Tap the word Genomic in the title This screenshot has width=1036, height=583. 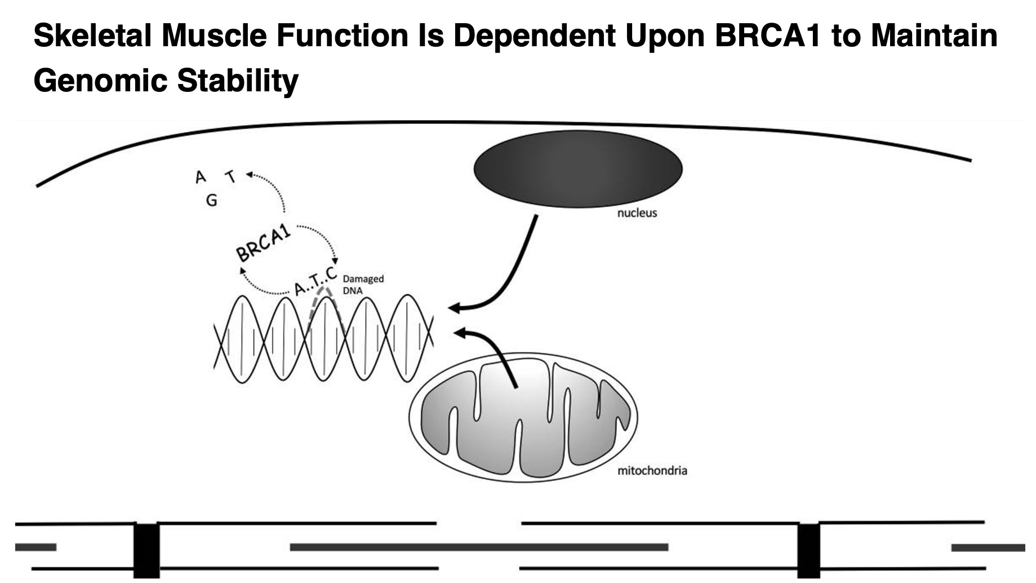click(100, 80)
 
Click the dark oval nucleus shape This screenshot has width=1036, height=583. click(577, 168)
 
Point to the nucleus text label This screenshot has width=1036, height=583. click(637, 213)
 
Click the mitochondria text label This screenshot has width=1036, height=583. click(652, 470)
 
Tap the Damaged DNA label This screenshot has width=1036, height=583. click(363, 284)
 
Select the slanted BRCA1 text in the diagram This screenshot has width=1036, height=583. click(264, 243)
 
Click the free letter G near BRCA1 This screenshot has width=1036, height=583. click(212, 200)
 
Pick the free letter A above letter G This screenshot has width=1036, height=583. click(200, 178)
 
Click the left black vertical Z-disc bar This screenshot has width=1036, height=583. click(146, 550)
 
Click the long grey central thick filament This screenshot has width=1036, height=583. click(479, 547)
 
